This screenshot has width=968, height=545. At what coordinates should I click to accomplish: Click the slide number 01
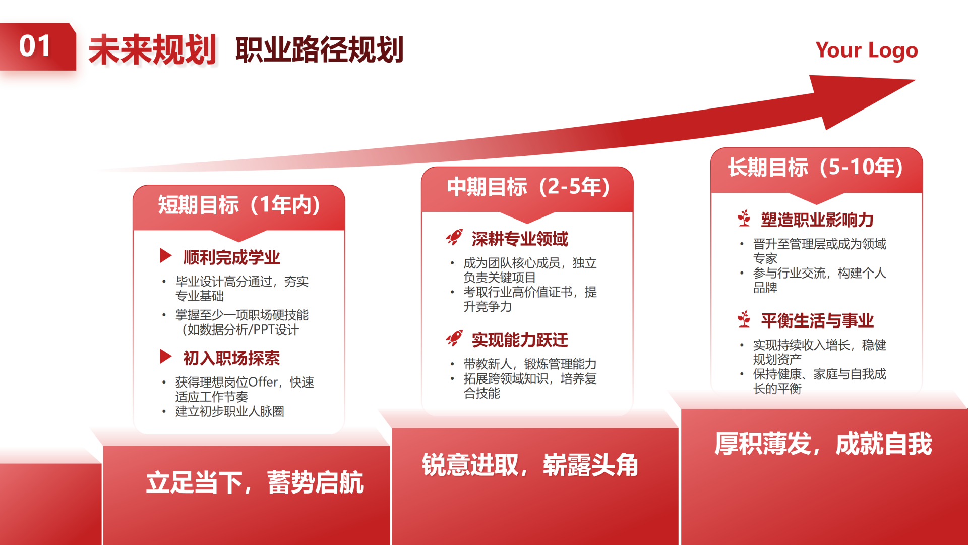pyautogui.click(x=35, y=46)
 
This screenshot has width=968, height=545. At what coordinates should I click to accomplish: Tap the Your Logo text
pyautogui.click(x=866, y=50)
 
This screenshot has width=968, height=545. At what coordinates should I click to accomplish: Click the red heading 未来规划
pyautogui.click(x=152, y=50)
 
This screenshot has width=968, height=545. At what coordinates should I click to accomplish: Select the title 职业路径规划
pyautogui.click(x=319, y=50)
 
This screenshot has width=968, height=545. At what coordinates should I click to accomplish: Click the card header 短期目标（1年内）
pyautogui.click(x=239, y=205)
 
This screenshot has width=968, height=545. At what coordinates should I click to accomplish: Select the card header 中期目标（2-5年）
pyautogui.click(x=528, y=187)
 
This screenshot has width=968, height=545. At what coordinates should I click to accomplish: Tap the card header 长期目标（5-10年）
pyautogui.click(x=815, y=168)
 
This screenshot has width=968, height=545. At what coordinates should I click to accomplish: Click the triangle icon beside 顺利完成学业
pyautogui.click(x=165, y=255)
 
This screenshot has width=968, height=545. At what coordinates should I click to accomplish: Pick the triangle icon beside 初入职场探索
pyautogui.click(x=165, y=356)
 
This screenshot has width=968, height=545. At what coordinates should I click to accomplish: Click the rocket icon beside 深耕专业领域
pyautogui.click(x=454, y=237)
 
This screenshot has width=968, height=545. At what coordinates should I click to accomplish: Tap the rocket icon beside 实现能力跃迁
pyautogui.click(x=454, y=338)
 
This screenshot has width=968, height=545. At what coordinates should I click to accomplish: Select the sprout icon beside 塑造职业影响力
pyautogui.click(x=744, y=219)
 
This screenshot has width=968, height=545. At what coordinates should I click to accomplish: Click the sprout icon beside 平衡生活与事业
pyautogui.click(x=744, y=319)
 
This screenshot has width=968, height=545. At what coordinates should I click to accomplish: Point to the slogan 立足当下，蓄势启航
pyautogui.click(x=255, y=483)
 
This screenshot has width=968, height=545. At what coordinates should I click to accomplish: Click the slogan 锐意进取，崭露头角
pyautogui.click(x=530, y=465)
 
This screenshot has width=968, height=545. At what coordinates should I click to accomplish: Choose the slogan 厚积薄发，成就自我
pyautogui.click(x=823, y=444)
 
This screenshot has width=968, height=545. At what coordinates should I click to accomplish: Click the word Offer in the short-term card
pyautogui.click(x=263, y=383)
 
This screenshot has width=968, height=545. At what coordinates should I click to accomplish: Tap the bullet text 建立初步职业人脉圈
pyautogui.click(x=229, y=412)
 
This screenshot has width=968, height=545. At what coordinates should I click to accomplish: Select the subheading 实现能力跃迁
pyautogui.click(x=520, y=340)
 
